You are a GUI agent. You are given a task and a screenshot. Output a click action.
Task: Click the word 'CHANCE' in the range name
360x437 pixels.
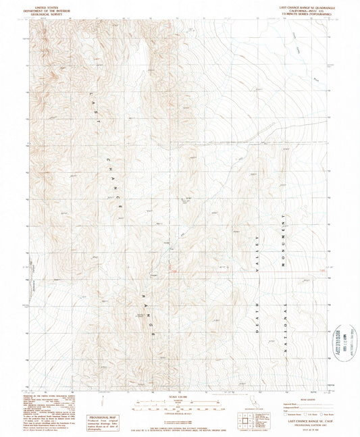point(112,184)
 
